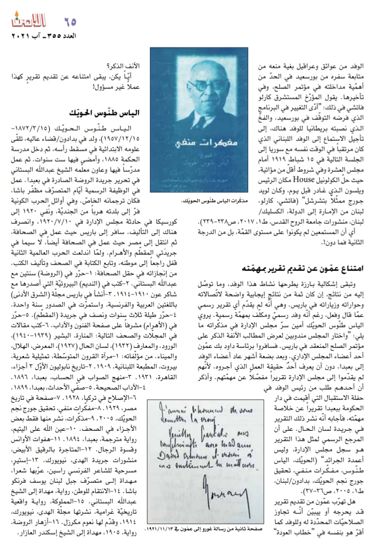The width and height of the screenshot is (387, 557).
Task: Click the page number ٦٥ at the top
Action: coord(70,22)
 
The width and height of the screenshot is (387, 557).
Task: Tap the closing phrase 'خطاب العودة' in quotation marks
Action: coord(292,531)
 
